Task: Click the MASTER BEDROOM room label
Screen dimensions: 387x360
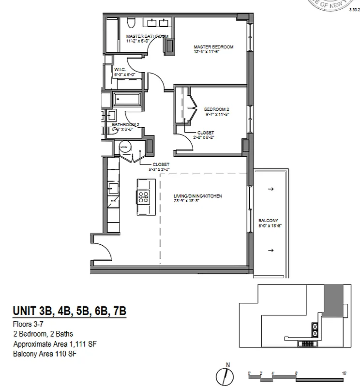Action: click(213, 47)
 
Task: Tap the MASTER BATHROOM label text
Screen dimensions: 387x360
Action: click(147, 36)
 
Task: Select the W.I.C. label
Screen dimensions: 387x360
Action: click(120, 69)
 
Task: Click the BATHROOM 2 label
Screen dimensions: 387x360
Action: click(126, 124)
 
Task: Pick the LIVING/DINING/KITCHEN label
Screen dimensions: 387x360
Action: click(198, 196)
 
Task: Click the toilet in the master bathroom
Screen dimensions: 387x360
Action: click(130, 24)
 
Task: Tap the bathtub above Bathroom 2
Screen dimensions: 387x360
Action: click(127, 101)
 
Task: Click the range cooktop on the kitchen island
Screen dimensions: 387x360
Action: click(143, 196)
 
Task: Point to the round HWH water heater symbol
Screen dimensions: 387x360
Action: click(125, 146)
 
